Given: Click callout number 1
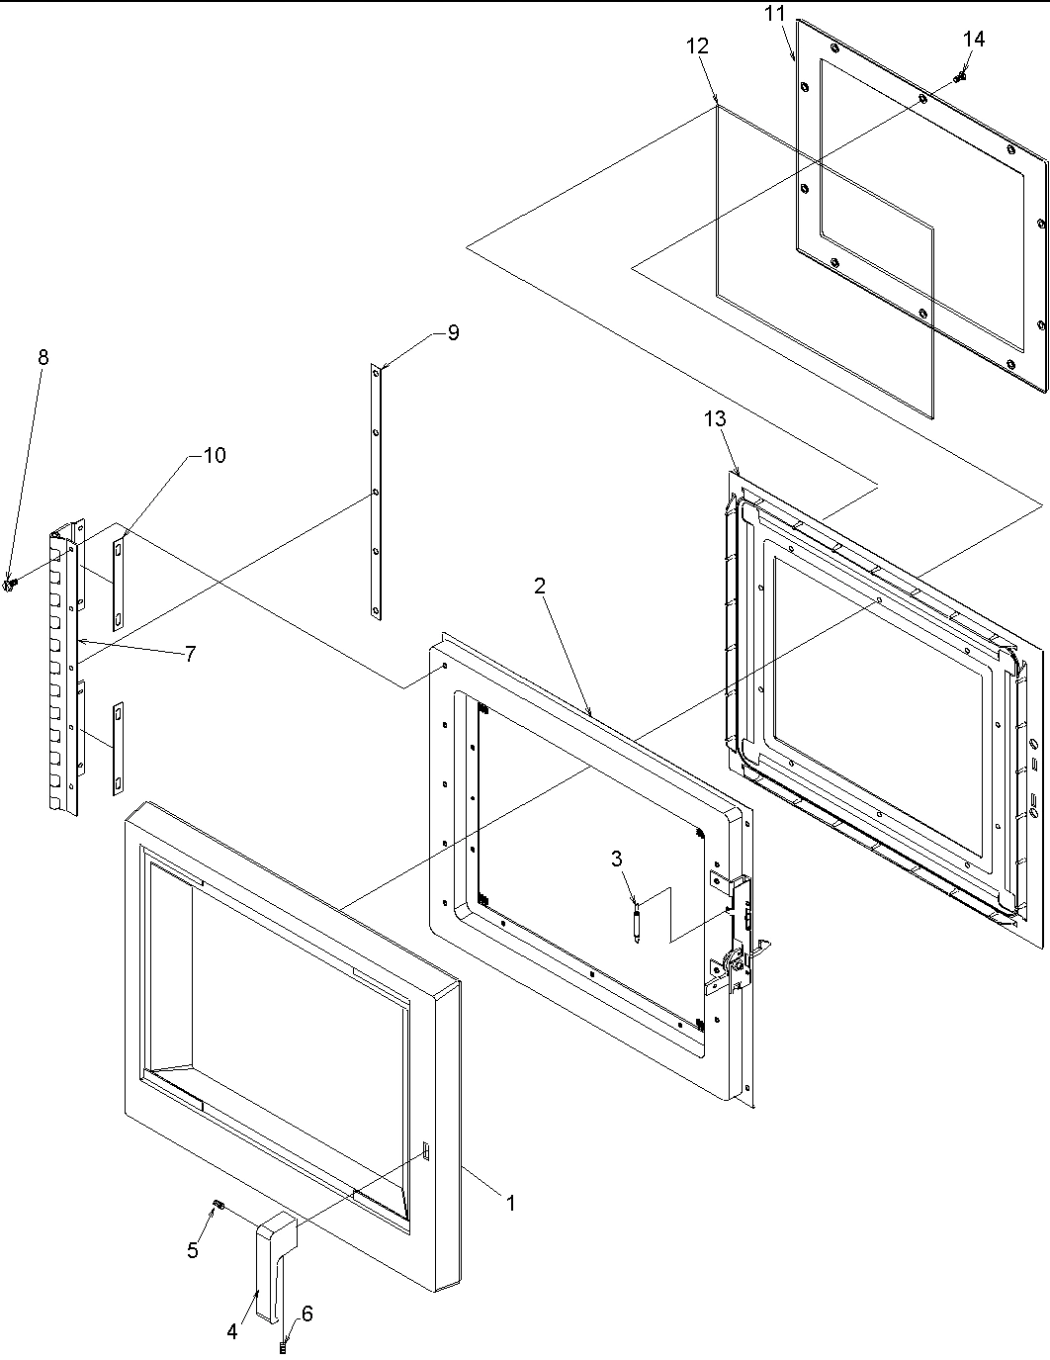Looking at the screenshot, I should click(511, 1204).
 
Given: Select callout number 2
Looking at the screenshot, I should click(540, 586).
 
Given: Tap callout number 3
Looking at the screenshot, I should click(617, 859).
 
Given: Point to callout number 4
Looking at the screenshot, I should click(232, 1331).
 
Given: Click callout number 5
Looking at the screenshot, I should click(193, 1250).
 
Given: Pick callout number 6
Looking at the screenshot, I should click(307, 1314).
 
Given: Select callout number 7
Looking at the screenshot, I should click(189, 653).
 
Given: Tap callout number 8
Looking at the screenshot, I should click(43, 358).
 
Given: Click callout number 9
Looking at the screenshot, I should click(453, 332).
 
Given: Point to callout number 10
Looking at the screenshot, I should click(214, 455).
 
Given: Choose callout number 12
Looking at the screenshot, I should click(697, 45).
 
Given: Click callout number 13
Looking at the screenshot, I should click(715, 418).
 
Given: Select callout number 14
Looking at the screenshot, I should click(973, 39).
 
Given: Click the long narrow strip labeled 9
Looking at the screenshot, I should click(376, 492).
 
